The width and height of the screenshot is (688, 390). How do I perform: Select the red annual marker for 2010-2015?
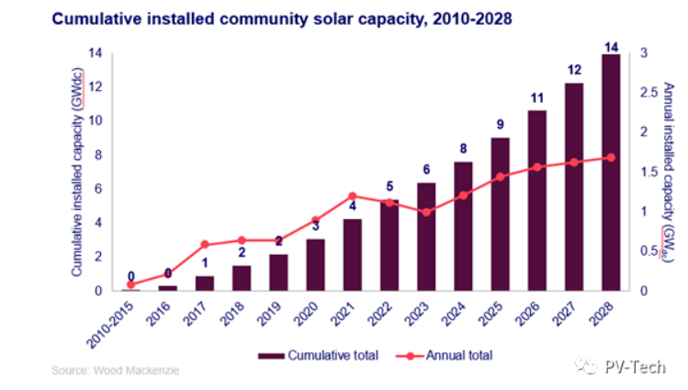coord(131,284)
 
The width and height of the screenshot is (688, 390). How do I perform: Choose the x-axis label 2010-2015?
coord(118,318)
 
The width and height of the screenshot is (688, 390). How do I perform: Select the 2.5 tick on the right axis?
coord(646,93)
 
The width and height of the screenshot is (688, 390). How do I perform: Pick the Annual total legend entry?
coord(445,354)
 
